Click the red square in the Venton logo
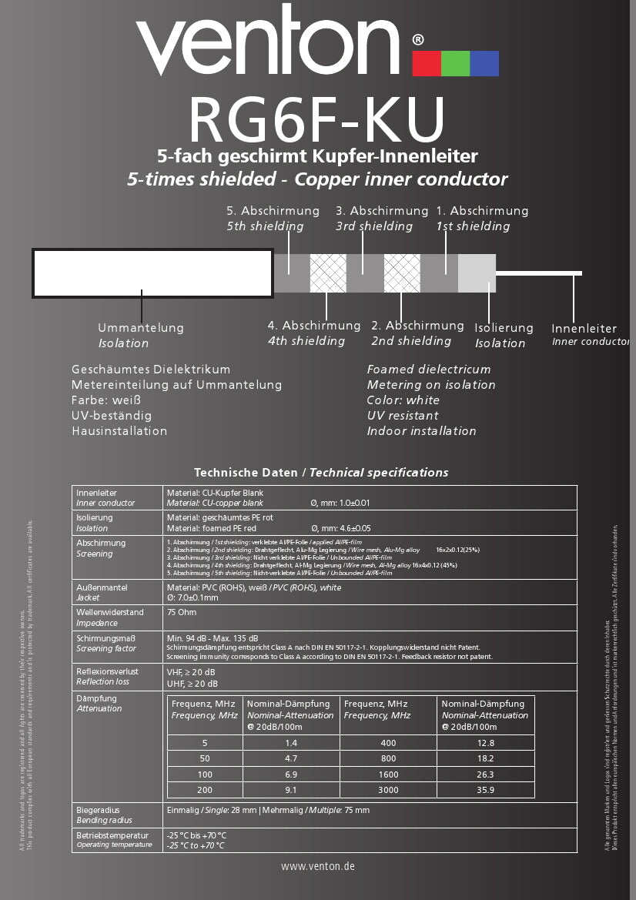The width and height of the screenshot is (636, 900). [426, 63]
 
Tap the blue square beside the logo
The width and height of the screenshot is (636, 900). [484, 63]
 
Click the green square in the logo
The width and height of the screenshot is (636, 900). [455, 63]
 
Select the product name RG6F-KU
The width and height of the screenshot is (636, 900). [317, 119]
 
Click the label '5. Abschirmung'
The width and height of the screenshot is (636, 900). [273, 211]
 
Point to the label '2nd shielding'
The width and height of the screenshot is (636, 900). [411, 341]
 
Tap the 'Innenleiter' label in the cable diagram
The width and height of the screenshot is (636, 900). [584, 329]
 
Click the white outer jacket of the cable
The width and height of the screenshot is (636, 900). [152, 273]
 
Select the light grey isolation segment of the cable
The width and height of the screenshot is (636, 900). [477, 273]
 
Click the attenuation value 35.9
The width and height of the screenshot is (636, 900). [486, 790]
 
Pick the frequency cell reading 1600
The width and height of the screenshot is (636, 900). [389, 775]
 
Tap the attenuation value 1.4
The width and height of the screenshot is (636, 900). [291, 743]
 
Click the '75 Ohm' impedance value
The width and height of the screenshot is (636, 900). [182, 613]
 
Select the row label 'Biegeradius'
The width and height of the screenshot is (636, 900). [98, 811]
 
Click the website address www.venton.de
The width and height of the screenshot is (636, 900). [318, 866]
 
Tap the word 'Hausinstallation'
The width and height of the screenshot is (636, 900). [119, 431]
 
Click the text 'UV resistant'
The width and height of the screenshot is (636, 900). [403, 416]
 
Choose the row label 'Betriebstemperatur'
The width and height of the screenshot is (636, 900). [112, 835]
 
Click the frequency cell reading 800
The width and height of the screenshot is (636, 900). [389, 758]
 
